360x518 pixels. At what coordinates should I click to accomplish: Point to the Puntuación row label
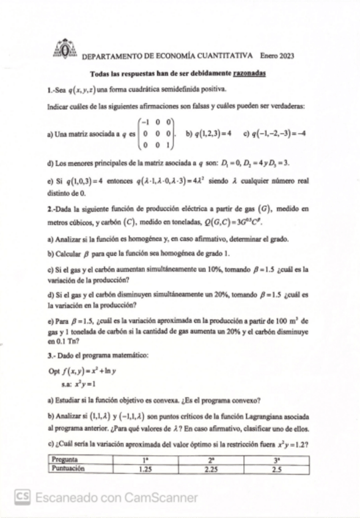(x=68, y=469)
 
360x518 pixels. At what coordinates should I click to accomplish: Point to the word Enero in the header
(x=268, y=55)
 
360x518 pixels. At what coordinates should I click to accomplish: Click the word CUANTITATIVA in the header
(x=225, y=55)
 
